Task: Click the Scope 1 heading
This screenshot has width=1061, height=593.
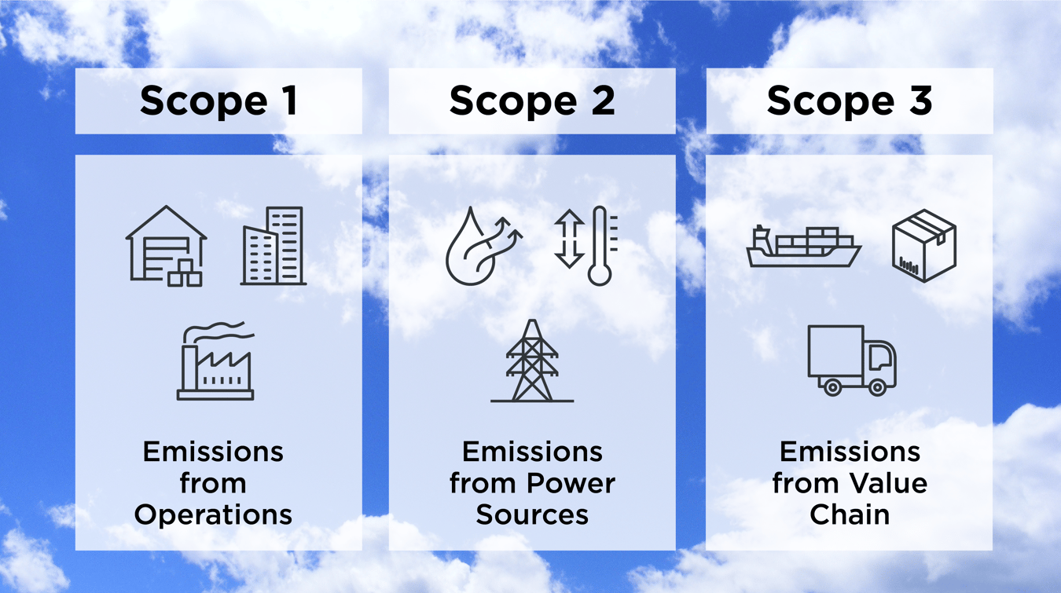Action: click(x=218, y=101)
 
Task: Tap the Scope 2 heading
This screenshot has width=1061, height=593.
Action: click(x=532, y=101)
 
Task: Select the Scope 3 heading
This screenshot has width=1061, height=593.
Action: click(x=850, y=101)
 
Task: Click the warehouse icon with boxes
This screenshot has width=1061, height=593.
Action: click(x=167, y=245)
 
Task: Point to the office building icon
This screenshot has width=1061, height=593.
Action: click(x=274, y=245)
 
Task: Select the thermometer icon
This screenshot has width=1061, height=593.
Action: click(x=601, y=246)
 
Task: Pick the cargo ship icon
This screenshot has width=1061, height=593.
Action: click(x=803, y=246)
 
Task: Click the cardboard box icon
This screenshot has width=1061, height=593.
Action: click(x=924, y=246)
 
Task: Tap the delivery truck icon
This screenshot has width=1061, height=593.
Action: click(x=852, y=360)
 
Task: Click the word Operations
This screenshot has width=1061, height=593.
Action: click(x=213, y=515)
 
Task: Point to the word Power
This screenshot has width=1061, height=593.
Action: click(x=576, y=483)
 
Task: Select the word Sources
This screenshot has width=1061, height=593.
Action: click(x=532, y=514)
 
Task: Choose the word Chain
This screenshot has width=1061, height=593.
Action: click(x=850, y=514)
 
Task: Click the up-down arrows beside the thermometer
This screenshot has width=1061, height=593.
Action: click(x=569, y=239)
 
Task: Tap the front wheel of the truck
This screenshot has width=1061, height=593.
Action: click(x=878, y=386)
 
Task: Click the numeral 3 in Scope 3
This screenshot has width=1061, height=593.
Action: click(x=918, y=101)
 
